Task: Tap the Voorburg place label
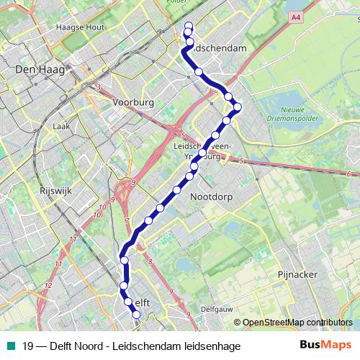(x=133, y=103)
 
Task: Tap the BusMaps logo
(x=325, y=345)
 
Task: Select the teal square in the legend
(x=11, y=346)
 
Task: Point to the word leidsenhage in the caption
(x=213, y=346)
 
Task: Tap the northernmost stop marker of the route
(x=189, y=27)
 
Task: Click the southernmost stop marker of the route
(x=136, y=314)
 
